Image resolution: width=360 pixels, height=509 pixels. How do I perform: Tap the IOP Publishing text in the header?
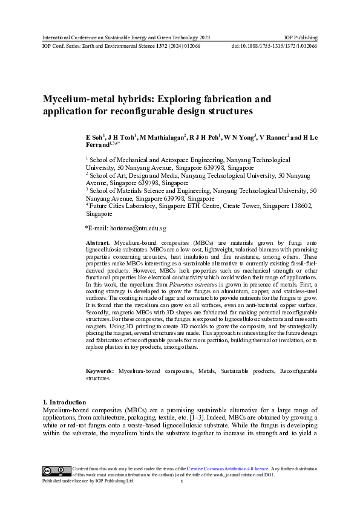coord(301,37)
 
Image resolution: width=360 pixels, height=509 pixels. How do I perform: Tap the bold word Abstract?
coord(99,242)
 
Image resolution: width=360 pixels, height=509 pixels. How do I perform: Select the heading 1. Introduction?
coord(65,402)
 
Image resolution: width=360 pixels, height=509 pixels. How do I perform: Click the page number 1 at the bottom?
coord(182,482)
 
